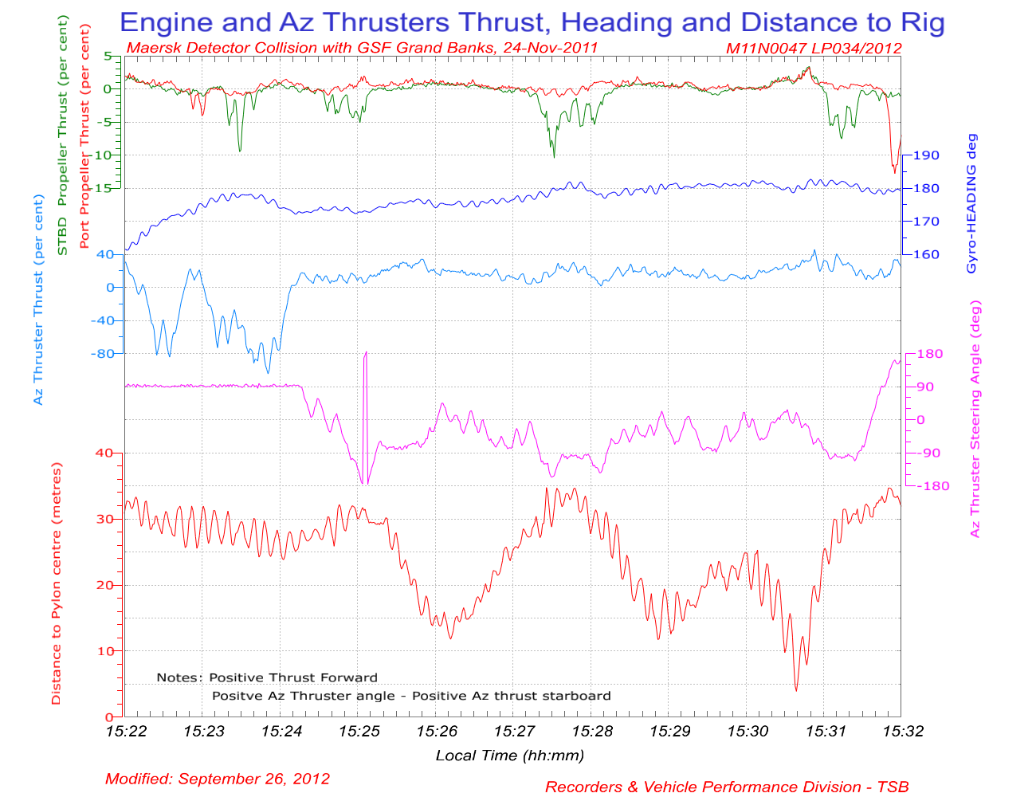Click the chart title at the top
pyautogui.click(x=532, y=22)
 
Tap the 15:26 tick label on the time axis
pyautogui.click(x=437, y=731)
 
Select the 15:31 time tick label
pyautogui.click(x=825, y=731)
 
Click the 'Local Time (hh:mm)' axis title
pyautogui.click(x=509, y=756)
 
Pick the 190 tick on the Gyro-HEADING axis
pyautogui.click(x=926, y=155)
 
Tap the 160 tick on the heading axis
pyautogui.click(x=926, y=255)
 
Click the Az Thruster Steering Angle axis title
pyautogui.click(x=975, y=418)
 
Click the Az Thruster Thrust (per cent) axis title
pyautogui.click(x=38, y=299)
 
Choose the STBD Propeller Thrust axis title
pyautogui.click(x=62, y=139)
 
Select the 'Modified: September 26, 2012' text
pyautogui.click(x=217, y=779)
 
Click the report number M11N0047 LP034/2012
pyautogui.click(x=814, y=48)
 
